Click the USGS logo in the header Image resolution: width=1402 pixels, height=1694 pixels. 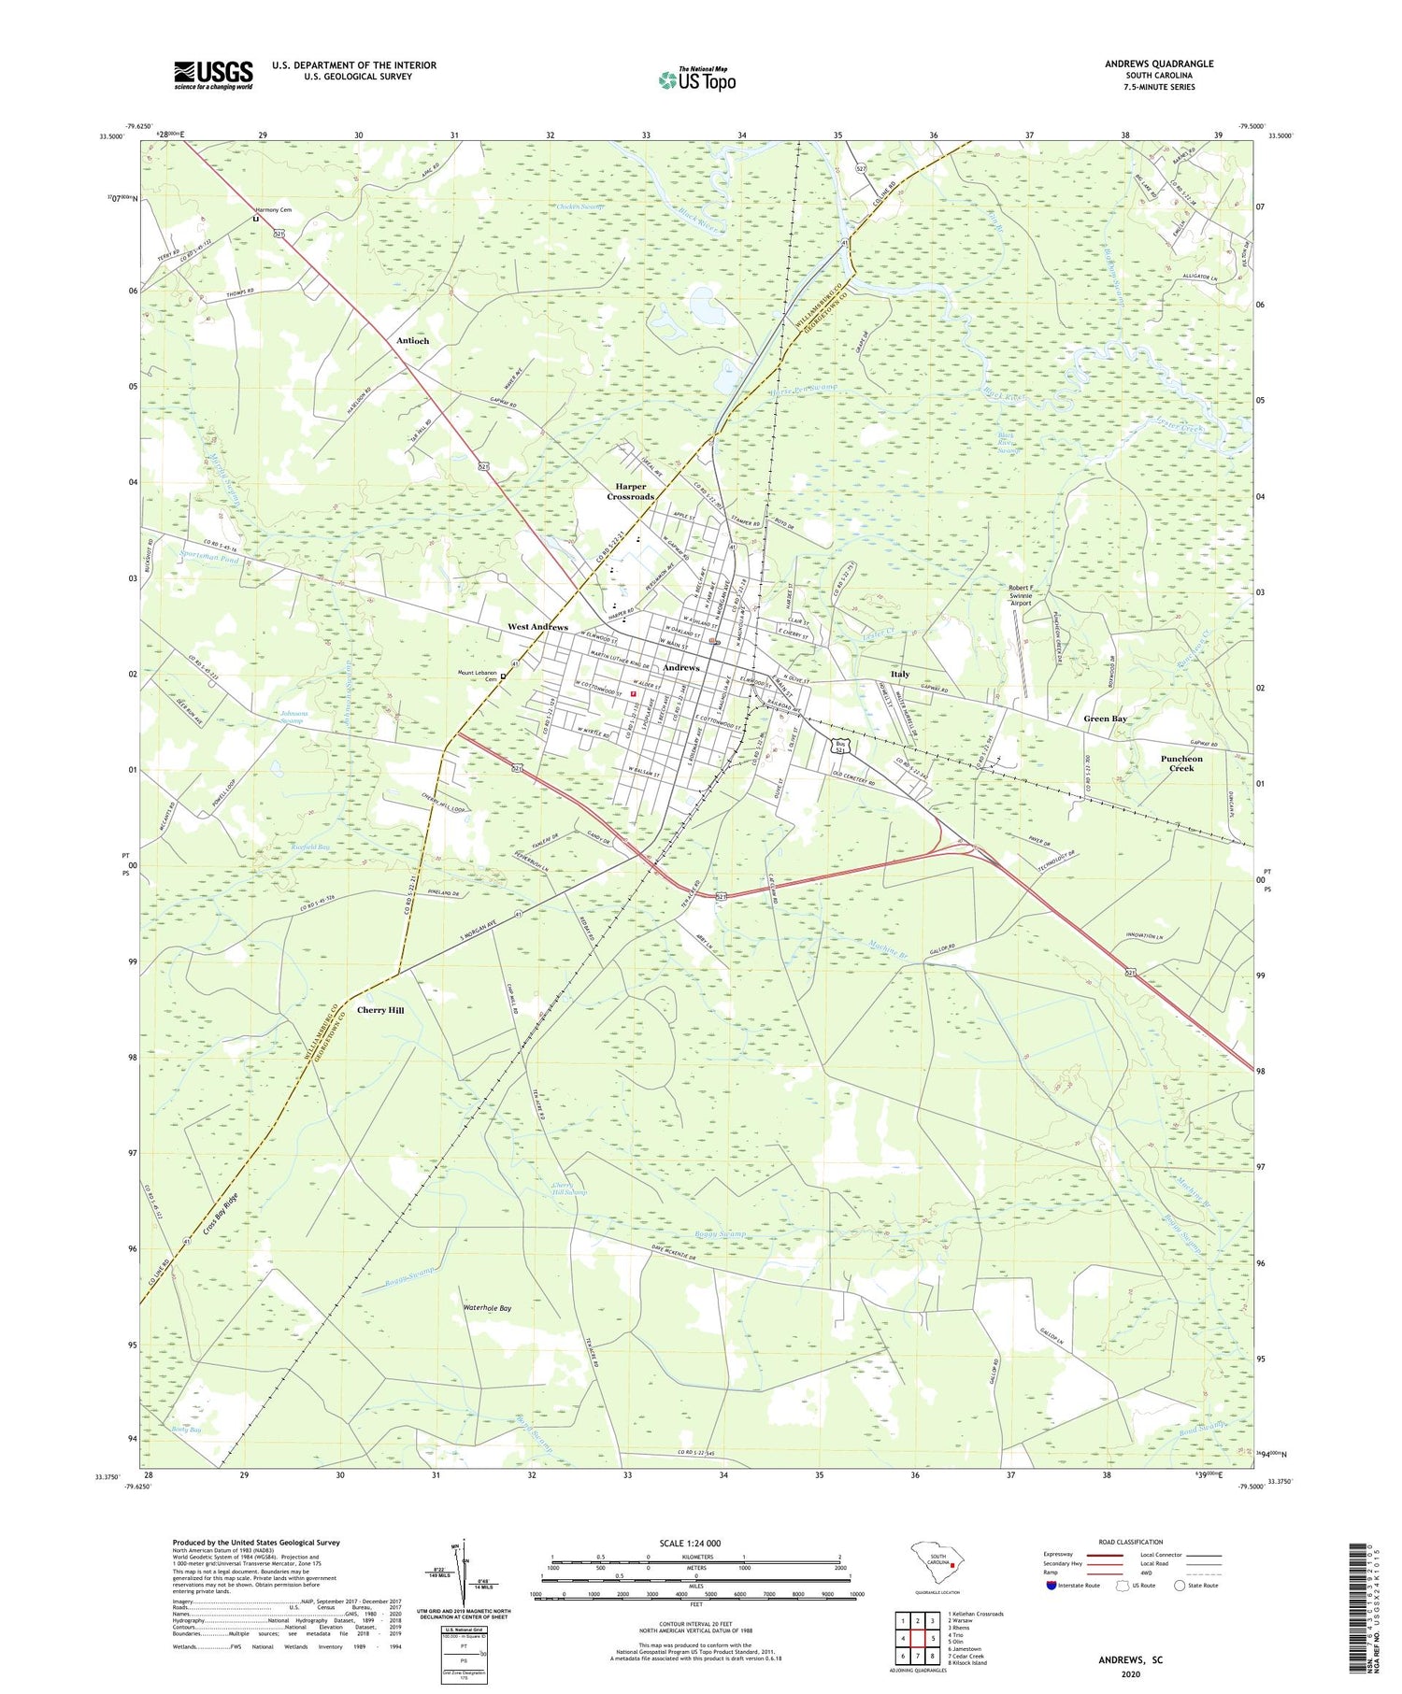click(213, 75)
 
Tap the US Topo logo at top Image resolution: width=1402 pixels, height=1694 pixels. click(697, 79)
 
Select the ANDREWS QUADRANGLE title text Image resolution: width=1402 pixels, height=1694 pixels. click(1158, 64)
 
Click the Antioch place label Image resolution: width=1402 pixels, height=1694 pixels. click(412, 341)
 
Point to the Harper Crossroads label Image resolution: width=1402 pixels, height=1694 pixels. click(631, 491)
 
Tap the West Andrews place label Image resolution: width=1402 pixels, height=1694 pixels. click(537, 627)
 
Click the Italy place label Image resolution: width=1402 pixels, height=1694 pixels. click(900, 674)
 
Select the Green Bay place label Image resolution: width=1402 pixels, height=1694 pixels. click(1105, 719)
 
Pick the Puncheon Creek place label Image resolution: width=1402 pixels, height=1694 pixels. click(1181, 763)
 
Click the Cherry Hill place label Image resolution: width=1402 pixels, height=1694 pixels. click(380, 1010)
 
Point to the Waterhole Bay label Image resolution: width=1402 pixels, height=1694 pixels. click(487, 1308)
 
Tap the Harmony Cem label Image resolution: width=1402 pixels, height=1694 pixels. click(274, 210)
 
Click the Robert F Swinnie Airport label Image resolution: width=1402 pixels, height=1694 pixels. click(1020, 595)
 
